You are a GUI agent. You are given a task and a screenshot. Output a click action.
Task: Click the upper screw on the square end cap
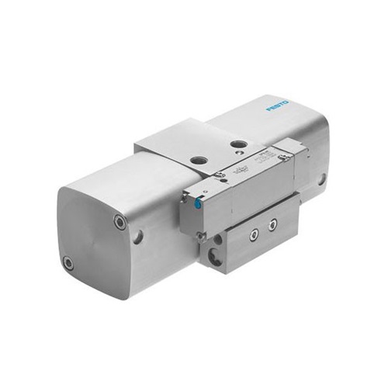(x=120, y=222)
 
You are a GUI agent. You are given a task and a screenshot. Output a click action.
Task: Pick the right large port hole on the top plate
(x=240, y=144)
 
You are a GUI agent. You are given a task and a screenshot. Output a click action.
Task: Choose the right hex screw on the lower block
(x=272, y=224)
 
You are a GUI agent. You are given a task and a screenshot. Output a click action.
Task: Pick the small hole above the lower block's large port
(x=212, y=241)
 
